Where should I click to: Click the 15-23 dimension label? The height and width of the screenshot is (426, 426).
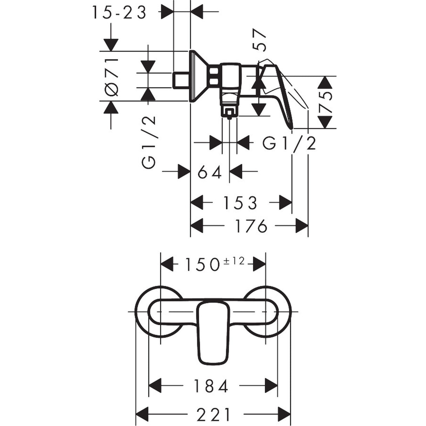119,13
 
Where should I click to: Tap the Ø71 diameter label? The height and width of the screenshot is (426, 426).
111,76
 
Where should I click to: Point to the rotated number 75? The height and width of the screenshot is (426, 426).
326,102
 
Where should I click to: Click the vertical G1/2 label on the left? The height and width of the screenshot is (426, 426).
149,142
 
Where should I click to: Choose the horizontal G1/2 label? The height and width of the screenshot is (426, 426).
289,143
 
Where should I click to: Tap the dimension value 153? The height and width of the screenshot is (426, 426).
241,202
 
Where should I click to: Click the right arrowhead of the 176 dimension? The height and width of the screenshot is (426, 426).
302,226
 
